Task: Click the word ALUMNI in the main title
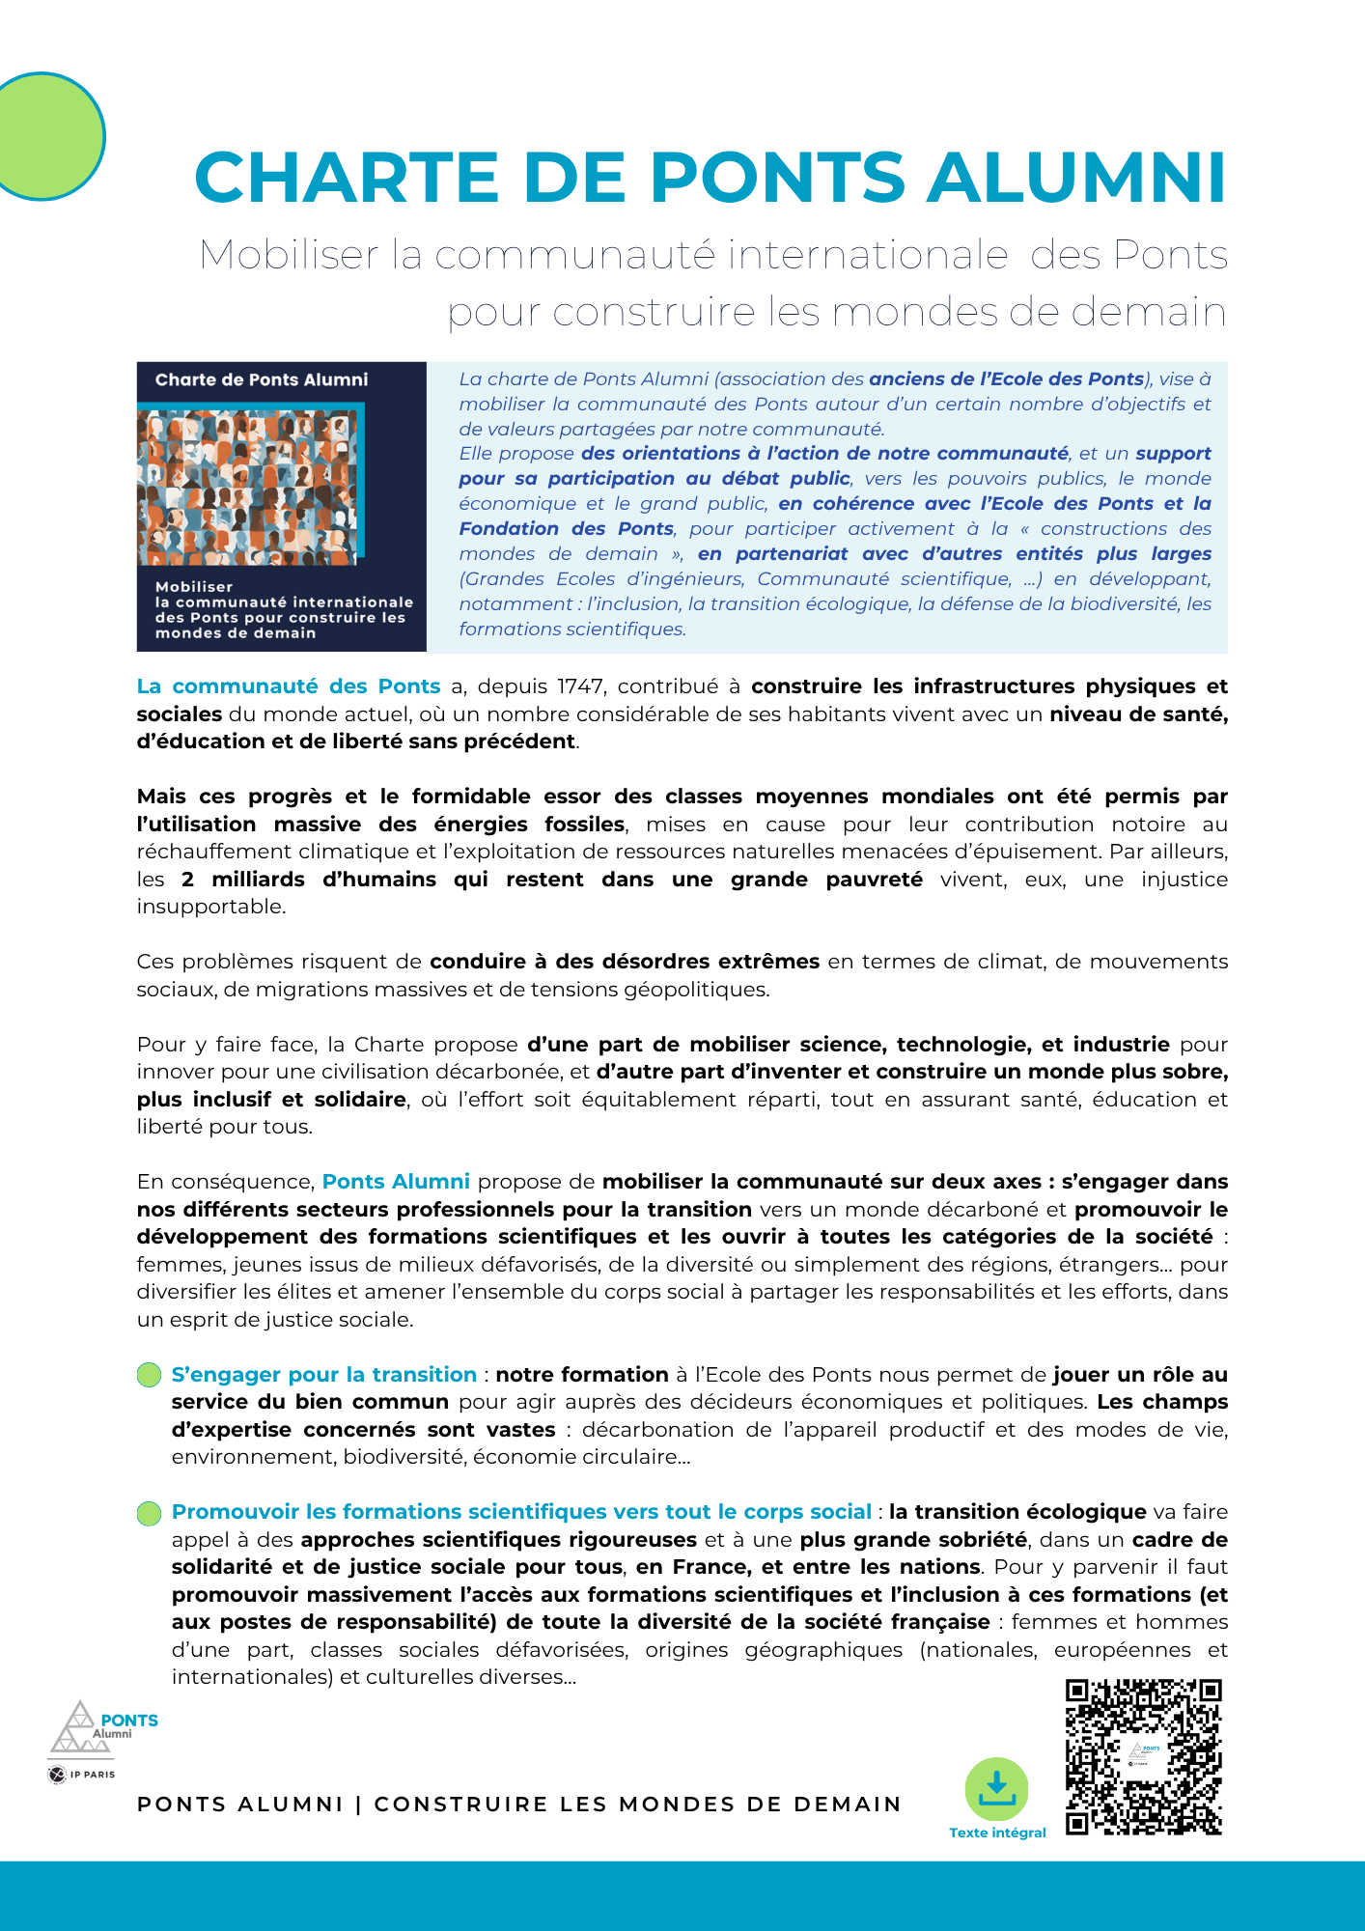(x=1076, y=179)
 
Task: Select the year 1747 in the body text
(x=582, y=686)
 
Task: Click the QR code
(x=1144, y=1757)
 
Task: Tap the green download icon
(x=996, y=1789)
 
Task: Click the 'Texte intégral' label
(x=997, y=1833)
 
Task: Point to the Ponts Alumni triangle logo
(x=81, y=1728)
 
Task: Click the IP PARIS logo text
(x=92, y=1775)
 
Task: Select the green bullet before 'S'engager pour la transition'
(x=149, y=1375)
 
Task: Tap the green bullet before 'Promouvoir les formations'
(x=149, y=1513)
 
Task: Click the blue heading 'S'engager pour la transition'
(x=324, y=1375)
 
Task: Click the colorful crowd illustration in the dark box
(x=250, y=486)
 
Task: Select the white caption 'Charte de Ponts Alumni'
(x=262, y=379)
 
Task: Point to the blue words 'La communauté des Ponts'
(x=289, y=686)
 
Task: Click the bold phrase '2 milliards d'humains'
(x=308, y=880)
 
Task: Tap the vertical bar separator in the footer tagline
(x=358, y=1805)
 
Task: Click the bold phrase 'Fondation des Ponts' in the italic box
(x=566, y=529)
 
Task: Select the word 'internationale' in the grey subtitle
(x=868, y=255)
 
